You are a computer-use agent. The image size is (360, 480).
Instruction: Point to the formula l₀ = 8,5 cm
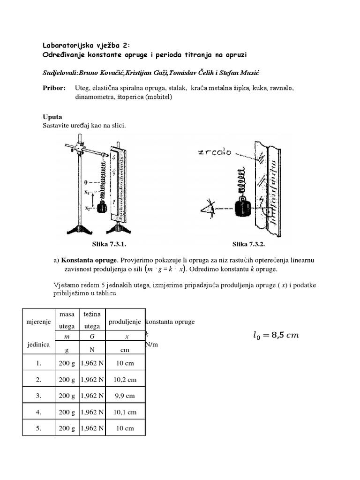[276, 335]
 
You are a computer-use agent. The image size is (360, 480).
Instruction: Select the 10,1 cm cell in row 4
[126, 412]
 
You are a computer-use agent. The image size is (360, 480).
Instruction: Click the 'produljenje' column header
[126, 322]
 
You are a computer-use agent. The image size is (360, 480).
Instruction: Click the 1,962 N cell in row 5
[92, 428]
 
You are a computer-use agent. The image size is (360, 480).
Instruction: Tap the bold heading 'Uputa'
[52, 117]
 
